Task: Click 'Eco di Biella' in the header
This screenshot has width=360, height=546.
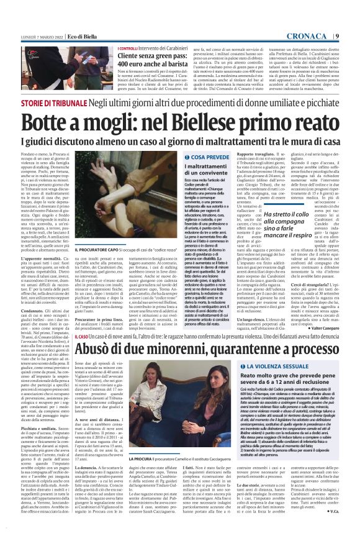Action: tap(60, 36)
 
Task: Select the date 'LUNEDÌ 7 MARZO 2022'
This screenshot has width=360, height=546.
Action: tap(32, 36)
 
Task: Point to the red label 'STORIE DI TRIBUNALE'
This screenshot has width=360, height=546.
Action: tap(53, 102)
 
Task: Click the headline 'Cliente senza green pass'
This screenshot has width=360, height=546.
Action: tap(151, 56)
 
